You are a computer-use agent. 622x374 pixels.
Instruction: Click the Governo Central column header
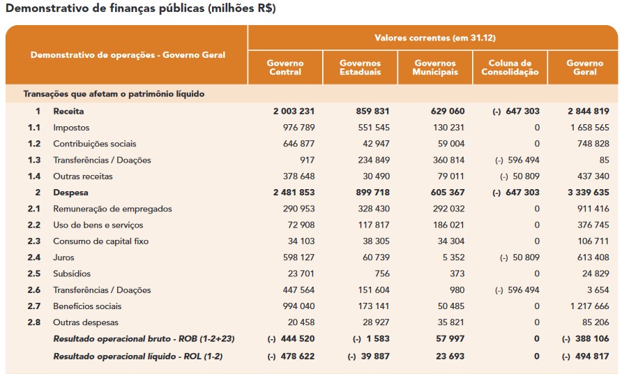[285, 68]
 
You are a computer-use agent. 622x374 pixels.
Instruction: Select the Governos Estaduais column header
[360, 68]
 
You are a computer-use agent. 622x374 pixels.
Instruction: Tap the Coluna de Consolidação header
[510, 68]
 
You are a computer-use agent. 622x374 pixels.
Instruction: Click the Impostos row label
[71, 128]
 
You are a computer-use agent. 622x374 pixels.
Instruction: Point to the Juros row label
[63, 257]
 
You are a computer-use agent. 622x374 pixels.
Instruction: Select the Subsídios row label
[72, 274]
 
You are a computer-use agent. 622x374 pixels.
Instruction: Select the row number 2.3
[34, 241]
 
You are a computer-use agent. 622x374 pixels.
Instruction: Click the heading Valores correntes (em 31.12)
[435, 38]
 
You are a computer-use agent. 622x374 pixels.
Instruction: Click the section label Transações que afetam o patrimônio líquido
[114, 93]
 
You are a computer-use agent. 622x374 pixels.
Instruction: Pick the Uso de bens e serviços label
[98, 225]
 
